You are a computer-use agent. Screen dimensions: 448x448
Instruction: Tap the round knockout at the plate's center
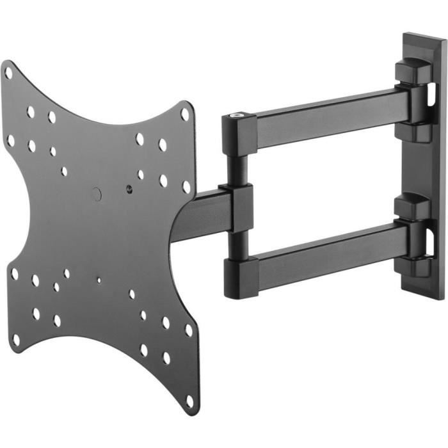pyautogui.click(x=97, y=193)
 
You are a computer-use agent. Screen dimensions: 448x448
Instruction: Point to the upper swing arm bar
pyautogui.click(x=326, y=117)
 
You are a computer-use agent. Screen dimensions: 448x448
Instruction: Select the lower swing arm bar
pyautogui.click(x=326, y=253)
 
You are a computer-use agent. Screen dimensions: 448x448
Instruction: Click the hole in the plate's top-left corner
pyautogui.click(x=8, y=73)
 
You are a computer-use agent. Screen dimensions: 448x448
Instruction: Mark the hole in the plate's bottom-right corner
pyautogui.click(x=189, y=401)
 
